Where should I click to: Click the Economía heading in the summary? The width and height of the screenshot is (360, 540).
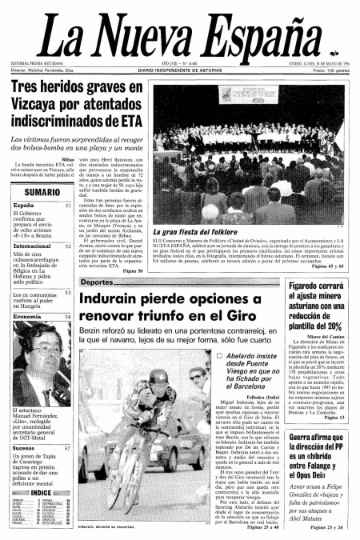(x=27, y=318)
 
